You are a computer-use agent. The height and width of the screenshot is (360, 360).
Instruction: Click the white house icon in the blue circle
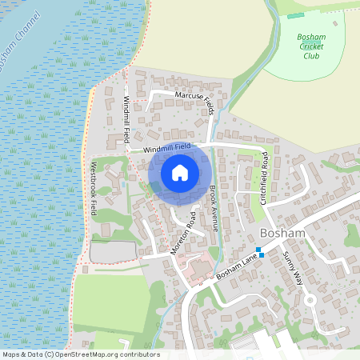180,172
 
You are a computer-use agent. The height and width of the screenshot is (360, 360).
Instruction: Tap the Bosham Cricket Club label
310,47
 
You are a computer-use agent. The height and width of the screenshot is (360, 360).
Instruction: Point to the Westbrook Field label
94,189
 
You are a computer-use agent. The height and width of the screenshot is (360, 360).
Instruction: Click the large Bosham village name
282,233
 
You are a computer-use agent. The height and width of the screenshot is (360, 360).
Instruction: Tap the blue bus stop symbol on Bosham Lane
259,251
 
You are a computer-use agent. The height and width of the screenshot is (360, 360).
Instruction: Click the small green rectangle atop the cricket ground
295,15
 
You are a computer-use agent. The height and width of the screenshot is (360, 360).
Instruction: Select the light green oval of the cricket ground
316,48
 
